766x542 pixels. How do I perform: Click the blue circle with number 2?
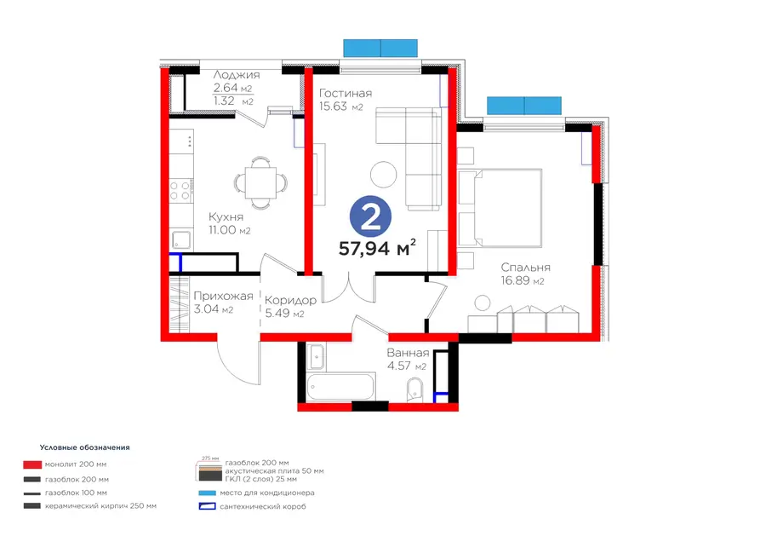pyautogui.click(x=370, y=218)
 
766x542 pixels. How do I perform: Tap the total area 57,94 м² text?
pyautogui.click(x=377, y=248)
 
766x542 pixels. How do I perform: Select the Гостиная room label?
pyautogui.click(x=346, y=93)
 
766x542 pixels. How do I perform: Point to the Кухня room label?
pyautogui.click(x=226, y=216)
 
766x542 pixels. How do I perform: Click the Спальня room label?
pyautogui.click(x=526, y=268)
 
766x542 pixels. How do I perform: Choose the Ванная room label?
pyautogui.click(x=408, y=353)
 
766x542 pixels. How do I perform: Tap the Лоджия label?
pyautogui.click(x=237, y=75)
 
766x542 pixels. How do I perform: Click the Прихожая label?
pyautogui.click(x=223, y=296)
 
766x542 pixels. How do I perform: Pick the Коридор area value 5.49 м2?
pyautogui.click(x=284, y=313)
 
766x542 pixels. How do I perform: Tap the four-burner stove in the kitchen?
pyautogui.click(x=180, y=191)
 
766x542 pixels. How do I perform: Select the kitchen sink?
pyautogui.click(x=181, y=239)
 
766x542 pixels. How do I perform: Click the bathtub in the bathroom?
pyautogui.click(x=341, y=386)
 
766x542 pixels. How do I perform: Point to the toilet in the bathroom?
pyautogui.click(x=415, y=389)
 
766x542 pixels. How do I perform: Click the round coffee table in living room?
pyautogui.click(x=384, y=175)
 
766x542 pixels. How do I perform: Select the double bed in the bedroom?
pyautogui.click(x=500, y=208)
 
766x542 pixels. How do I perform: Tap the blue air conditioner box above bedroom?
pyautogui.click(x=523, y=105)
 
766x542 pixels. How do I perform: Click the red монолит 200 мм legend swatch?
pyautogui.click(x=31, y=464)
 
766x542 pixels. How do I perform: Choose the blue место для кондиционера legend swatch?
pyautogui.click(x=207, y=493)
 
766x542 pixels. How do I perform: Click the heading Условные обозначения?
pyautogui.click(x=84, y=447)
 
